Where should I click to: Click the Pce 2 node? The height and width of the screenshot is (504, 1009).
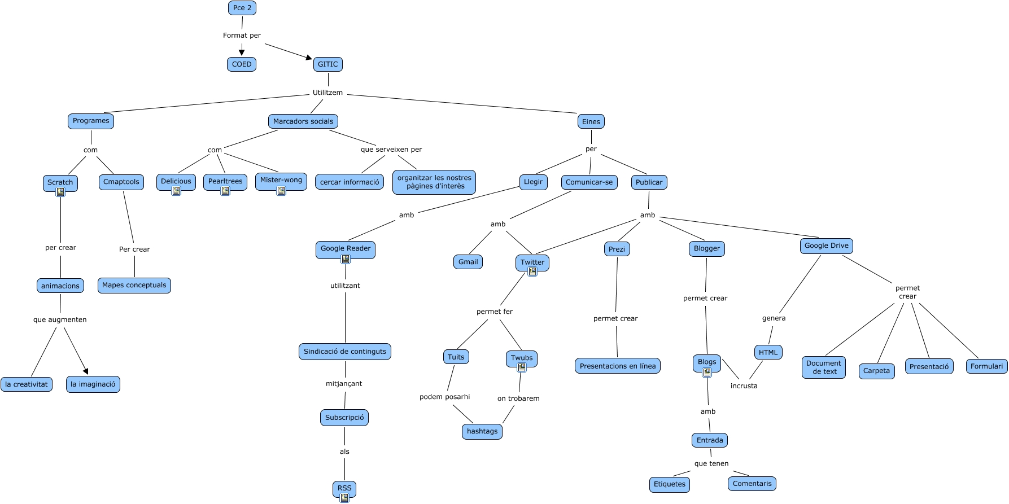[x=242, y=8]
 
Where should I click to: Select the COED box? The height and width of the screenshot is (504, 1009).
[x=242, y=64]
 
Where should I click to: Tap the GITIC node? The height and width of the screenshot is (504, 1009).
[x=328, y=64]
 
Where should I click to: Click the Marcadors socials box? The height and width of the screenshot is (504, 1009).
[x=303, y=121]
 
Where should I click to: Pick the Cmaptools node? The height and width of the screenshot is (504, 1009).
[x=121, y=182]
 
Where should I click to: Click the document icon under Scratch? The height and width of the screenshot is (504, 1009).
[x=60, y=192]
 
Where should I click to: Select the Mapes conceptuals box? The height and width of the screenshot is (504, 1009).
[x=134, y=286]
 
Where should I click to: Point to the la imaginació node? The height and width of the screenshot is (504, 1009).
[x=93, y=384]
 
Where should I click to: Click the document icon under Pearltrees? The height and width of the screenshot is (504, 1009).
[x=225, y=191]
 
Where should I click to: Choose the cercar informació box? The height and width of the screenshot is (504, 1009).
[x=350, y=182]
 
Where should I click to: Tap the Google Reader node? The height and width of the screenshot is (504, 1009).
[x=346, y=249]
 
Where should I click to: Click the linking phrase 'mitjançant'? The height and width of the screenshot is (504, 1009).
[x=344, y=384]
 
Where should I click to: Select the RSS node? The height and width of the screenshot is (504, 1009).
[x=344, y=488]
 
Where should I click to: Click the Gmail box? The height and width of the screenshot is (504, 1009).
[x=468, y=262]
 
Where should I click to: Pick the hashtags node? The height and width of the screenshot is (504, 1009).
[x=482, y=432]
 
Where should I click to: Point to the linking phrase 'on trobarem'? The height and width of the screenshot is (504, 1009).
[x=518, y=398]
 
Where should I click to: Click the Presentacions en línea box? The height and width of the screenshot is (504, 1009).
[x=618, y=366]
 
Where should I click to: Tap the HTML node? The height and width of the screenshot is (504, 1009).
[x=768, y=353]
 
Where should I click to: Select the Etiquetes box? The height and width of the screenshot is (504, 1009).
[x=670, y=484]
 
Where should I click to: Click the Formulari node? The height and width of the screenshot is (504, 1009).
[x=986, y=367]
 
